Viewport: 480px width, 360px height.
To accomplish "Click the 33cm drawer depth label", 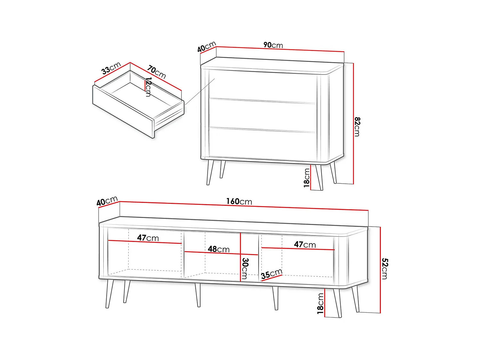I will click(111, 68).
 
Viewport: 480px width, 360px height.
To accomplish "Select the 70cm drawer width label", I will click(156, 72).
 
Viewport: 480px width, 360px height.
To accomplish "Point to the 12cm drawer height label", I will click(148, 87).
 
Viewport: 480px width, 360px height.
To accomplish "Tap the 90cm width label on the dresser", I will click(273, 45).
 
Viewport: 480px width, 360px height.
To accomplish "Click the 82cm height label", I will click(357, 127).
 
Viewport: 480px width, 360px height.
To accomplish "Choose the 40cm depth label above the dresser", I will click(206, 47).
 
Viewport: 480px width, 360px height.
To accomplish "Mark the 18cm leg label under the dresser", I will click(307, 178).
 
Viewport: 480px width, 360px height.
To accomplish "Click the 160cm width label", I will click(239, 201).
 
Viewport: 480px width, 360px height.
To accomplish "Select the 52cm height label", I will click(384, 268).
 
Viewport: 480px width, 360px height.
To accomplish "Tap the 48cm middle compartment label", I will click(219, 249).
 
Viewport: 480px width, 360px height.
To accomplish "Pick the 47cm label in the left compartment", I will click(148, 238).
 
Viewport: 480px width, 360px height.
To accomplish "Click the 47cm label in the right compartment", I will click(305, 244).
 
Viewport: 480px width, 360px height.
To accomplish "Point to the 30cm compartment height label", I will click(245, 268).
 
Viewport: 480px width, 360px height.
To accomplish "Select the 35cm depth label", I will click(271, 274).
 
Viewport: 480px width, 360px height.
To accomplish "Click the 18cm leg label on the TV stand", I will click(320, 304).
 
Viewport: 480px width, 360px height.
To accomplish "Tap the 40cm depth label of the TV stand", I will click(107, 201).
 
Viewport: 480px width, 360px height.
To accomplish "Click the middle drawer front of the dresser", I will click(262, 115).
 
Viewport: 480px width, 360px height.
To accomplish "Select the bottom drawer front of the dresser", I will click(262, 145).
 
